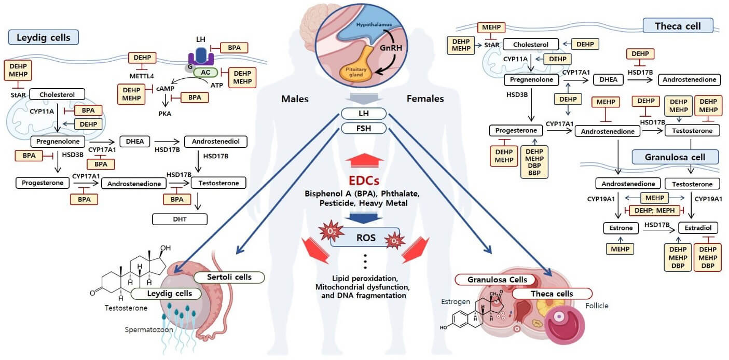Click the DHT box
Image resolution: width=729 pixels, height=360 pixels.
[180, 219]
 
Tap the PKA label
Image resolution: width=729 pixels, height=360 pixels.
[166, 113]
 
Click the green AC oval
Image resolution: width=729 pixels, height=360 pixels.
[205, 73]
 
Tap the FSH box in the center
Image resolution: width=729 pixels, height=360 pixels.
[364, 128]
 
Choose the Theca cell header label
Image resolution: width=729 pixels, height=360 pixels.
[678, 25]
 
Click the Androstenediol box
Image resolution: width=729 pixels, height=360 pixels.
[215, 141]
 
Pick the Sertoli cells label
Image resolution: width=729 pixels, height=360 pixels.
[229, 277]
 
